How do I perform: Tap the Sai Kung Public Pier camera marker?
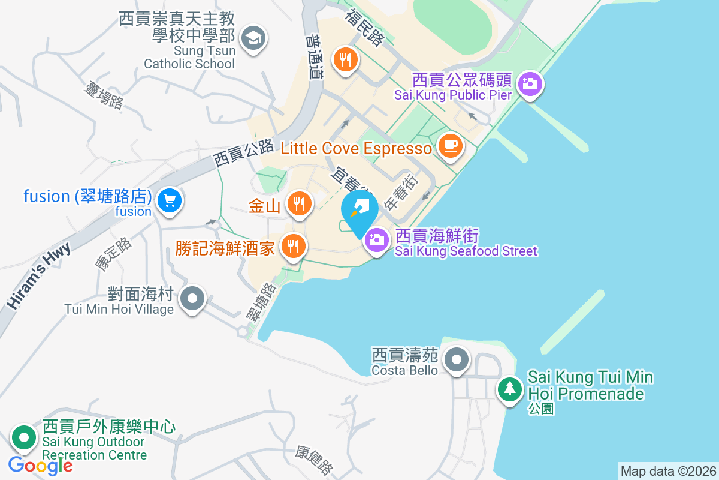[x=530, y=83]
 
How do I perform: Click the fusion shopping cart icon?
[x=170, y=200]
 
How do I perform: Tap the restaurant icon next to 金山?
[x=298, y=203]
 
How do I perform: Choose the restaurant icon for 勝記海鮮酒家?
[x=292, y=246]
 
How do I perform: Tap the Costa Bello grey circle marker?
[x=457, y=360]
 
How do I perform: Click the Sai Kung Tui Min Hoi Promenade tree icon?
[x=510, y=388]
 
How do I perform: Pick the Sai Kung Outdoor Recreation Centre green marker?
[x=24, y=437]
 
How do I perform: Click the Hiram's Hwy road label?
[x=39, y=276]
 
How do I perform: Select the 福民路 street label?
[x=364, y=28]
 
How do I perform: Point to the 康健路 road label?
[x=315, y=460]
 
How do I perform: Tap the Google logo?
[x=40, y=465]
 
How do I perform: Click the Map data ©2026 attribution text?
[x=667, y=471]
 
